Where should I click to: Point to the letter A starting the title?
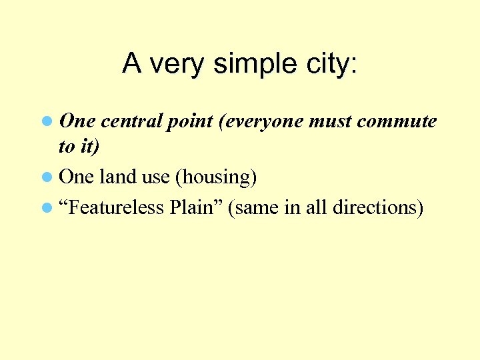tap(132, 64)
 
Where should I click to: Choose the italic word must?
tap(331, 122)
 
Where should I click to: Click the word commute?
tap(397, 122)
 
